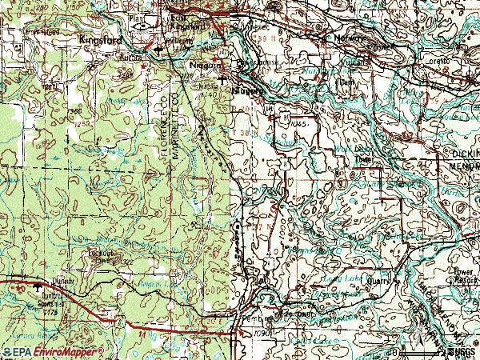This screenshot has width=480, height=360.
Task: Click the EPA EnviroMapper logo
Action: (x=53, y=352)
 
